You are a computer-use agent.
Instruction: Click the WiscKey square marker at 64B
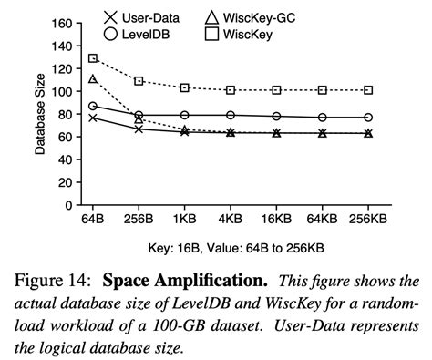93,58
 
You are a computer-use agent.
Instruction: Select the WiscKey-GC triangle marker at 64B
93,80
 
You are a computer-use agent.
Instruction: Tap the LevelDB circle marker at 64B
93,107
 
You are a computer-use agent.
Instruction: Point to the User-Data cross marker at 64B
93,118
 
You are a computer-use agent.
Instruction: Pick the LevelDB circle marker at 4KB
231,115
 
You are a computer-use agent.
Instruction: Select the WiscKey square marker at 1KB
184,87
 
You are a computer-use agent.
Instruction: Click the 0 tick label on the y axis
68,206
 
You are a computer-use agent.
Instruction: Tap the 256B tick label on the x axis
139,221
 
